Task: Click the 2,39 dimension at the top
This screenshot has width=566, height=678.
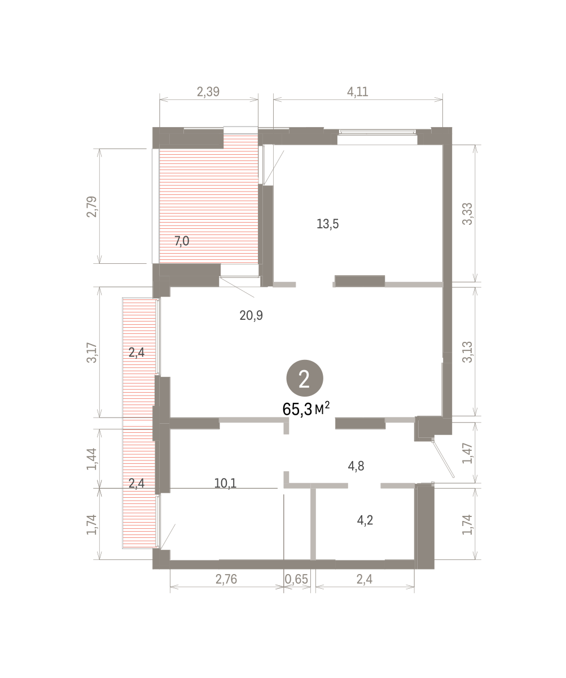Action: (208, 92)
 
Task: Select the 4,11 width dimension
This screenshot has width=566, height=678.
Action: (357, 92)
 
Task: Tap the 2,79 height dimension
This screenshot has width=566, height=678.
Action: (92, 207)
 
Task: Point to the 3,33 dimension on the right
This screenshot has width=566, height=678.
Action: (467, 214)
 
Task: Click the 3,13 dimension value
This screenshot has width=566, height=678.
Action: (467, 352)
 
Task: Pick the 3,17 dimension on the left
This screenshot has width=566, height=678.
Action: (92, 353)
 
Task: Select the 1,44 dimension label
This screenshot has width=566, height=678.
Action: (92, 459)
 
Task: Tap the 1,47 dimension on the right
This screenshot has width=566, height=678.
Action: (467, 453)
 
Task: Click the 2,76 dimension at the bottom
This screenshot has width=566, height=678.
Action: (226, 579)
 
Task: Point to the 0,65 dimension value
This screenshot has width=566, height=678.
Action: (296, 579)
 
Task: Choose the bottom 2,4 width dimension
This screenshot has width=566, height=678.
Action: (365, 579)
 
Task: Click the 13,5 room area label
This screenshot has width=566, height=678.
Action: (328, 224)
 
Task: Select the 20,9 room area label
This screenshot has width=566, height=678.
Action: (251, 315)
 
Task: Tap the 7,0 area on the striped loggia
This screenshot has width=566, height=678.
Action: (182, 241)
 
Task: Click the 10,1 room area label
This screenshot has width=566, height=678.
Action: (225, 483)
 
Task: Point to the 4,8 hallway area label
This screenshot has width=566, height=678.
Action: (356, 466)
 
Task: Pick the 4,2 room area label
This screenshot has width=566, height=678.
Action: (365, 520)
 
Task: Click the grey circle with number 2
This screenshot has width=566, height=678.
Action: (305, 378)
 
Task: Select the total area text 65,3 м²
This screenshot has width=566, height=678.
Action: (306, 409)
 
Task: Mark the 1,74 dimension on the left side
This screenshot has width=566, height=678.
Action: (92, 524)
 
